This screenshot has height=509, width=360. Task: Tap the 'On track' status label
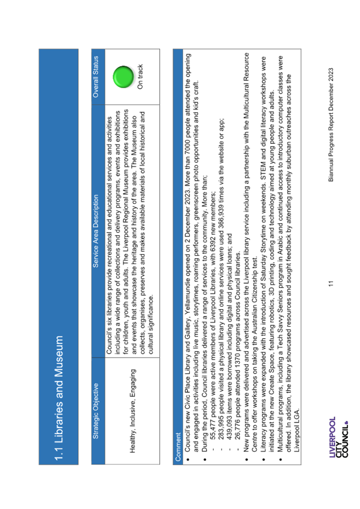[140, 77]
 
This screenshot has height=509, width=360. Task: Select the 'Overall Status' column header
[95, 77]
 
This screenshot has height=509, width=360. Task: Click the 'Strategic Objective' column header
[95, 411]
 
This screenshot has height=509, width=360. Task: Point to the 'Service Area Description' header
[95, 231]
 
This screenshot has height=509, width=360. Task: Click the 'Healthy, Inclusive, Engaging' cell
[132, 411]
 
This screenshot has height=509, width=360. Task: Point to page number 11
[331, 284]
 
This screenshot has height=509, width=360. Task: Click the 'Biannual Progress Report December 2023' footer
[331, 124]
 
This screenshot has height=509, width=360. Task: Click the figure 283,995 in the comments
[222, 428]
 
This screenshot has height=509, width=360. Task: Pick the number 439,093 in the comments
[230, 428]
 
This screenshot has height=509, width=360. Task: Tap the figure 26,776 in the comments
[239, 430]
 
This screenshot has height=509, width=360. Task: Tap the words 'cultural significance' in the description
[150, 325]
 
